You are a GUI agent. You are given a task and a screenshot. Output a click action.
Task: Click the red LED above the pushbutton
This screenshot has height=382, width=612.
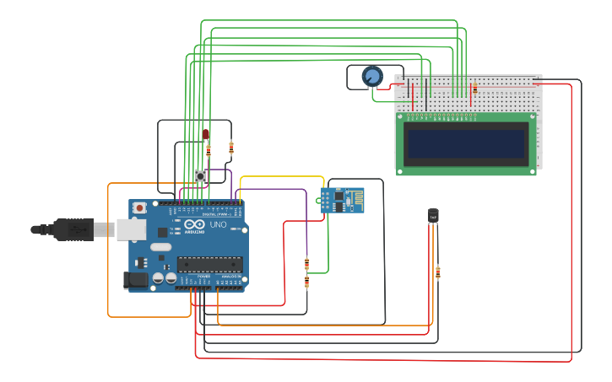[x=205, y=133]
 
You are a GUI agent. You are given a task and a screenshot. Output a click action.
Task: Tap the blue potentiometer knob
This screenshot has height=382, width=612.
[x=372, y=77]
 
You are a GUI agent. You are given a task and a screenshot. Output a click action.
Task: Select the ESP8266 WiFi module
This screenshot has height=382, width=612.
[x=343, y=201]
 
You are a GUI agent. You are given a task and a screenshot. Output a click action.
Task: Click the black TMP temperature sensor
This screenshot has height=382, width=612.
[x=433, y=215]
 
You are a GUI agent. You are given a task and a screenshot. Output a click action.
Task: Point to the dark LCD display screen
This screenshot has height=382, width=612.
[x=465, y=143]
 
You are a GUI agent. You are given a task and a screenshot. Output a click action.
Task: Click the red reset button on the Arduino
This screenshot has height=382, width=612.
[x=139, y=207]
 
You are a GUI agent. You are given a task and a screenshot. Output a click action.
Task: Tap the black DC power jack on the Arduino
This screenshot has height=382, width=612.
[x=135, y=281]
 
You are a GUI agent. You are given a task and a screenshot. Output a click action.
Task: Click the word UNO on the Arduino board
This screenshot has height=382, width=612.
[x=217, y=225]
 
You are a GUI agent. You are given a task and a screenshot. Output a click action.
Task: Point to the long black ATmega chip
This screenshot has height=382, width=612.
[x=210, y=263]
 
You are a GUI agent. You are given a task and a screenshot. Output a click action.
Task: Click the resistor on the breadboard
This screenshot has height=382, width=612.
[x=474, y=88]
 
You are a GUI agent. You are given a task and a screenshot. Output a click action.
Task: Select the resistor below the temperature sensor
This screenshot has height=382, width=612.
[x=437, y=272]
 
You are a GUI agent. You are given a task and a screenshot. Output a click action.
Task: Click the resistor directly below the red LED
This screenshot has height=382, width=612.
[x=208, y=152]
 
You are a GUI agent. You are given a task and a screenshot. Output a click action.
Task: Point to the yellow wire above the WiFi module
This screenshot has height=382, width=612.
[x=282, y=177]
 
